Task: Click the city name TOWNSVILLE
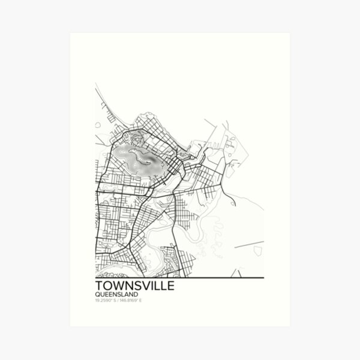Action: click(x=135, y=286)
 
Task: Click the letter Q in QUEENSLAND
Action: click(x=97, y=294)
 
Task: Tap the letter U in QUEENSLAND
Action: click(x=101, y=294)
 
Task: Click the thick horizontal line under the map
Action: click(x=180, y=278)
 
